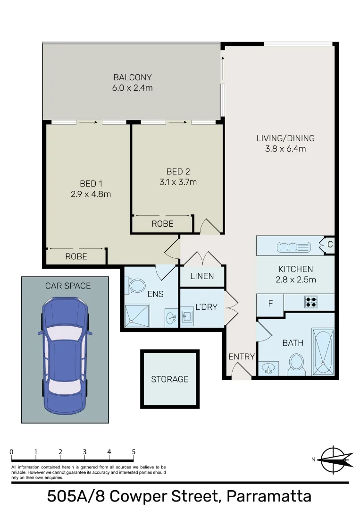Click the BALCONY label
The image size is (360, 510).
(133, 77)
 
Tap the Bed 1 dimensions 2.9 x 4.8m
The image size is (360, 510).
(91, 194)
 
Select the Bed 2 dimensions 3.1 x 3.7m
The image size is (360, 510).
(178, 182)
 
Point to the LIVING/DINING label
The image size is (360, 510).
(285, 138)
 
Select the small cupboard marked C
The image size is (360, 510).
(330, 245)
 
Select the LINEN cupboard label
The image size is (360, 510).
(202, 276)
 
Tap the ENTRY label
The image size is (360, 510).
(242, 357)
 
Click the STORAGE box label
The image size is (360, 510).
(169, 379)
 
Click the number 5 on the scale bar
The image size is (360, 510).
(134, 452)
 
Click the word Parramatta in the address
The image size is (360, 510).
(269, 497)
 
